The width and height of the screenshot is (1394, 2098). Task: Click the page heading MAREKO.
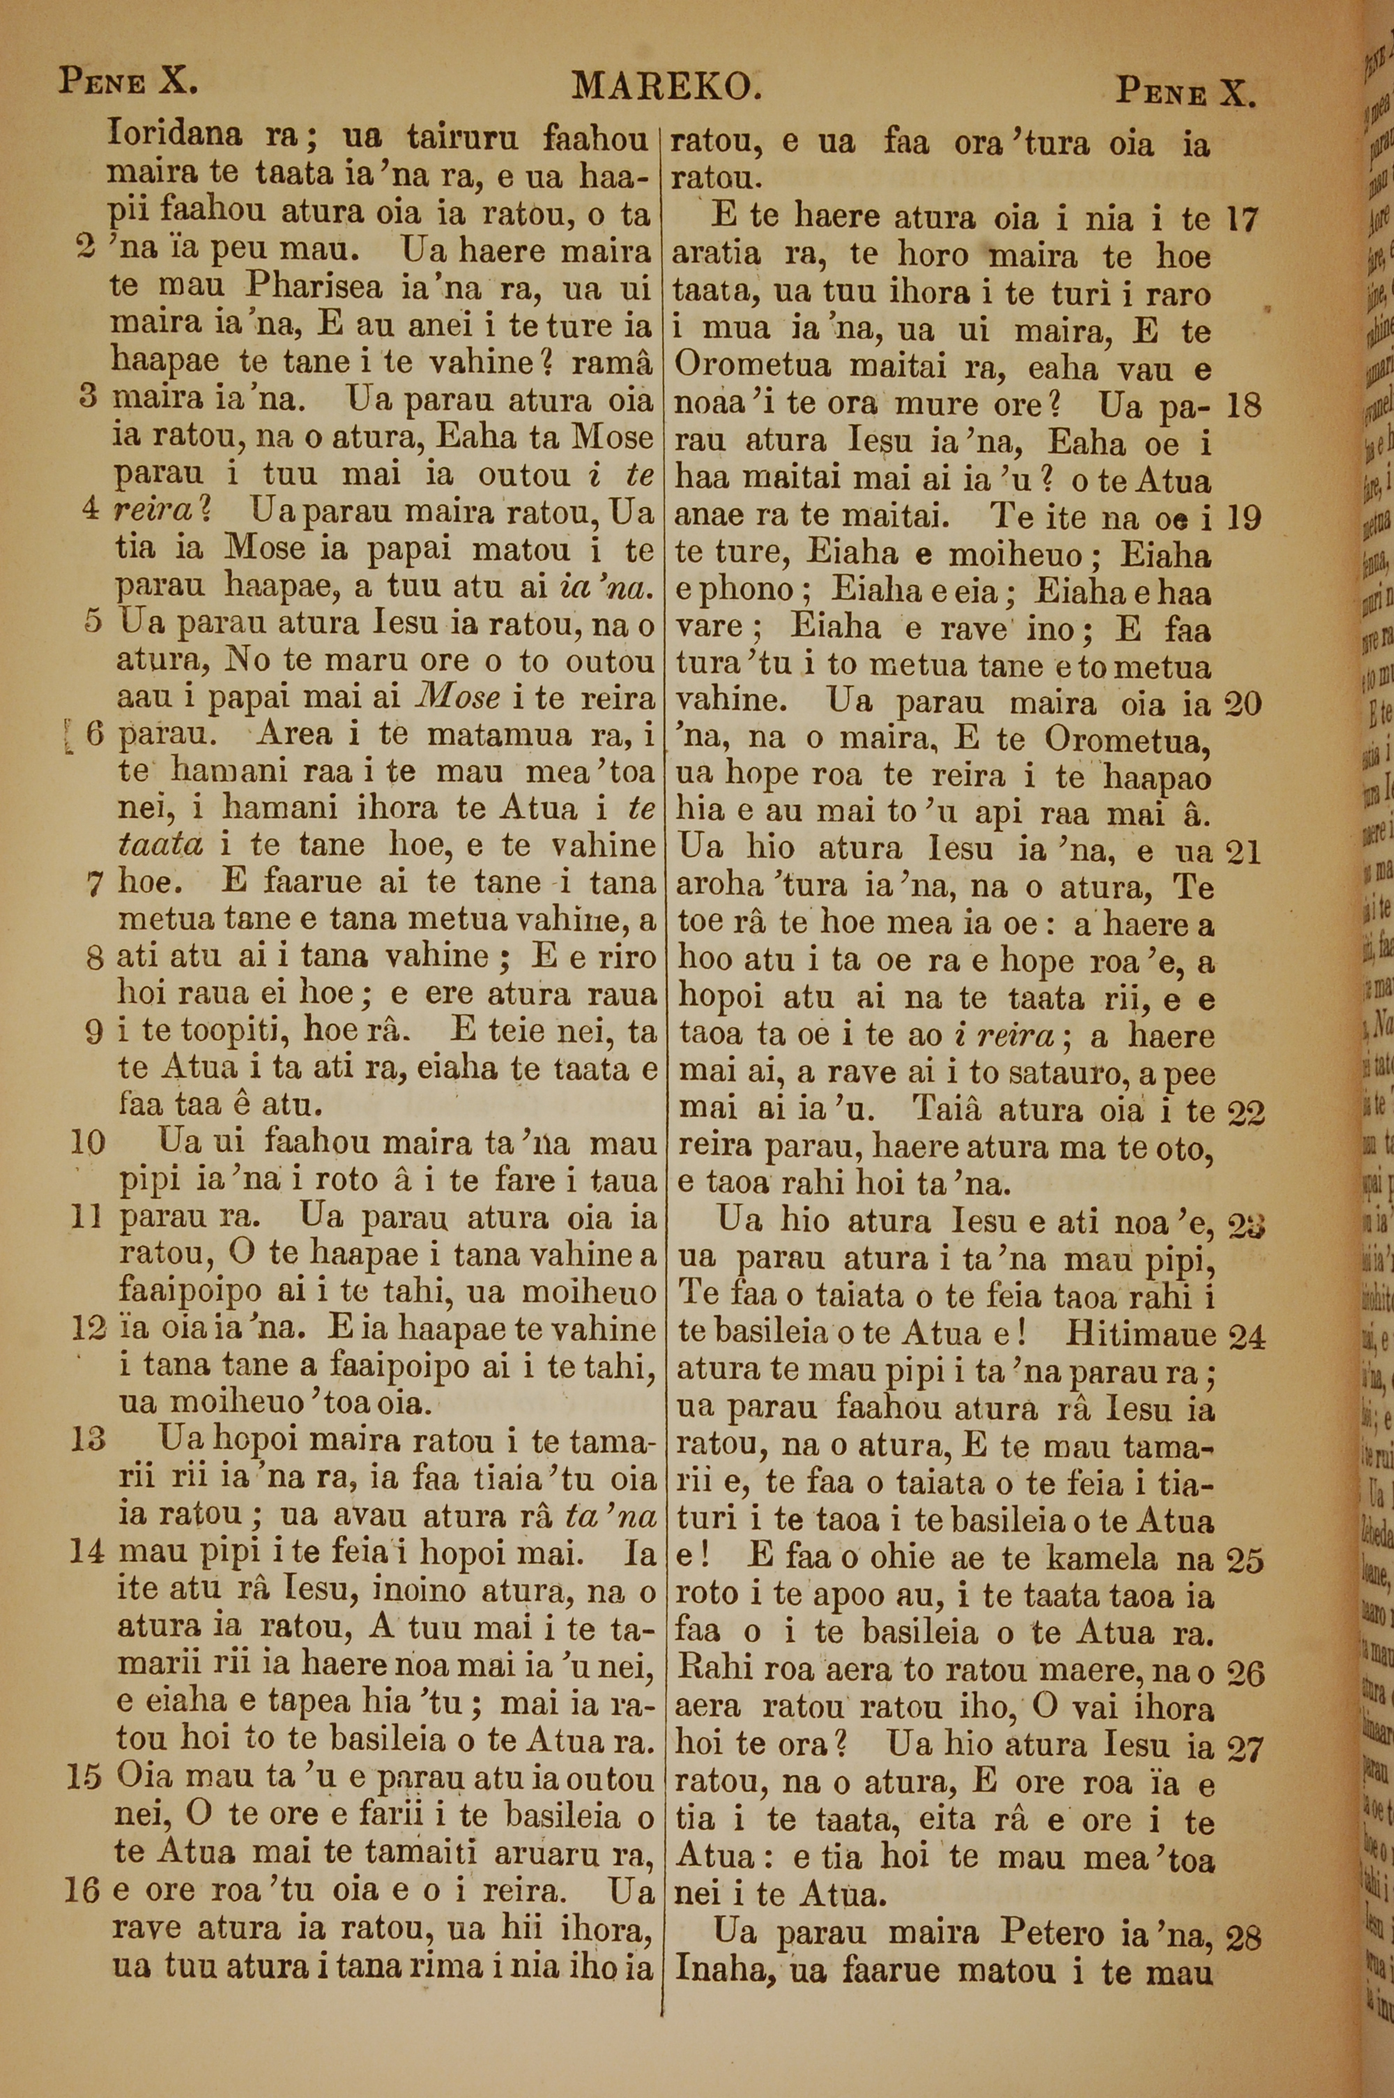click(667, 86)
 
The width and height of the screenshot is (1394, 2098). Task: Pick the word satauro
click(1045, 1074)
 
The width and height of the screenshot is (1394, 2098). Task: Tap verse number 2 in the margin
click(88, 250)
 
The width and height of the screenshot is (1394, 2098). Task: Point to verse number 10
click(87, 1144)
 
